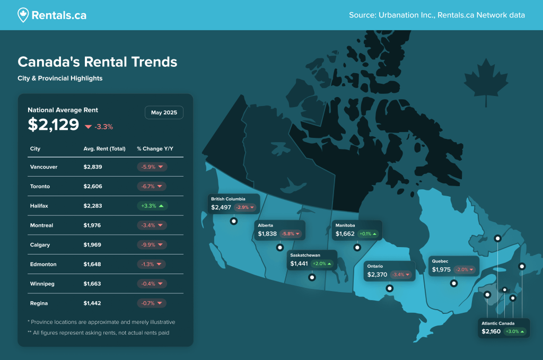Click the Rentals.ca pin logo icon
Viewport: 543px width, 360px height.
point(23,15)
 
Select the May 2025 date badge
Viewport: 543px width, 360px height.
point(164,112)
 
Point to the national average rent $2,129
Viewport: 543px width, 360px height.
point(52,125)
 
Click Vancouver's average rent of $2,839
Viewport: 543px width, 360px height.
point(93,167)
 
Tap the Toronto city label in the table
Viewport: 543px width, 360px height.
point(40,187)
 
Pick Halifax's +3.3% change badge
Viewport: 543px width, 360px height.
point(152,206)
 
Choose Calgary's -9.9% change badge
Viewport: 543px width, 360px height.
point(152,245)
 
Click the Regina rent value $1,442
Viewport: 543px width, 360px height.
point(92,303)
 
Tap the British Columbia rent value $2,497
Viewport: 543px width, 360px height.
point(221,207)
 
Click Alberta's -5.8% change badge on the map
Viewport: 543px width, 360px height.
point(290,234)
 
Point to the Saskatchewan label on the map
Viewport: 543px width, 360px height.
point(305,255)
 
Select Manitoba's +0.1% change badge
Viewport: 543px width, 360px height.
point(367,234)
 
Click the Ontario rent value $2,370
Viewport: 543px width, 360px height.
point(376,275)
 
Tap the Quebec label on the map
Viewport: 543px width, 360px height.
point(440,261)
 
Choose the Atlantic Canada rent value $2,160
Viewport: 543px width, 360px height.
point(491,332)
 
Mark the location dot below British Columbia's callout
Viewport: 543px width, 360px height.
point(233,221)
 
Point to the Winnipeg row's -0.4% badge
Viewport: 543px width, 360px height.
point(152,284)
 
